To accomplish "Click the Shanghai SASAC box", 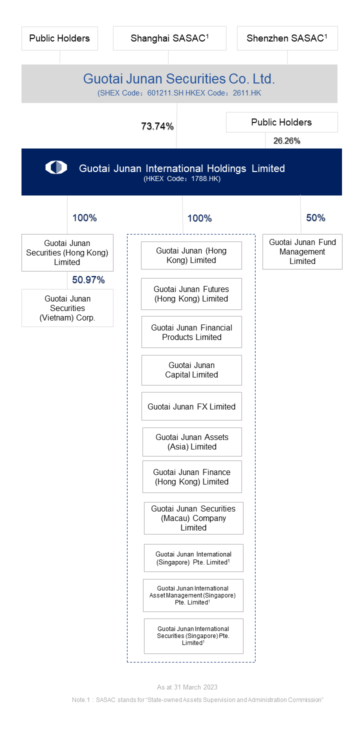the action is click(x=169, y=38).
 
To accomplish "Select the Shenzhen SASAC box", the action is click(x=287, y=38).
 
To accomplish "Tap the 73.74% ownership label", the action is click(x=157, y=126).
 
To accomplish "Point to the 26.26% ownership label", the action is click(x=287, y=140).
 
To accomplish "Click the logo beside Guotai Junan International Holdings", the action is click(x=56, y=167).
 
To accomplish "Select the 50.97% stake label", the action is click(x=88, y=280).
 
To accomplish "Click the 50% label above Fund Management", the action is click(x=315, y=217).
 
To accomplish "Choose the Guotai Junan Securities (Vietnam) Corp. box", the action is click(x=67, y=308).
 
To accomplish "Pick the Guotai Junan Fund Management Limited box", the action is click(x=302, y=252).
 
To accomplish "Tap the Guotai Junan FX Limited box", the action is click(x=191, y=406).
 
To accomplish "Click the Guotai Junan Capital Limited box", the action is click(x=191, y=370).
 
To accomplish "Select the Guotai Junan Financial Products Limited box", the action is click(x=191, y=332).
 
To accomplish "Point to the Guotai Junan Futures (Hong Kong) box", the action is click(x=191, y=294).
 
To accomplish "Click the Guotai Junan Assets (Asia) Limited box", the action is click(x=192, y=442).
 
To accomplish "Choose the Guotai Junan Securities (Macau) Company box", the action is click(x=193, y=518).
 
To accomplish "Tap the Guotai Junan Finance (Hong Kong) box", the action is click(x=192, y=476).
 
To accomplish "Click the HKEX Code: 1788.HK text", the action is click(x=182, y=178).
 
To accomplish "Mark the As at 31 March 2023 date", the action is click(x=187, y=687).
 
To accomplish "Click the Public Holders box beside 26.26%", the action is click(x=281, y=122).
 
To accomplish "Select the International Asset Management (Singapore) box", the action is click(x=193, y=595).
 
